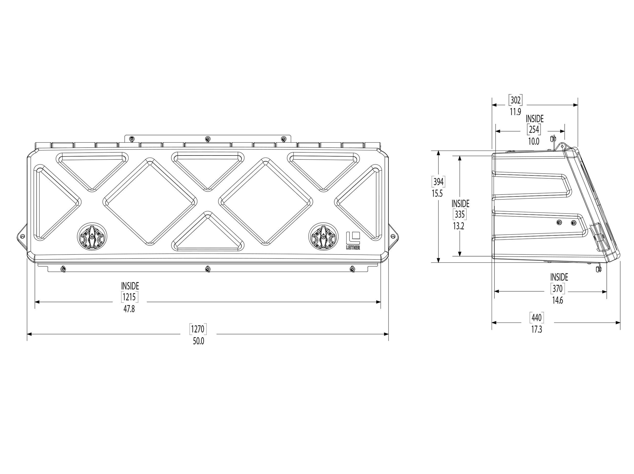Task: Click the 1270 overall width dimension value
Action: click(x=198, y=329)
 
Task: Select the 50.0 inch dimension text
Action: click(x=198, y=341)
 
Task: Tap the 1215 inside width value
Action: click(x=129, y=297)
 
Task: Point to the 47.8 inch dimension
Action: click(x=129, y=309)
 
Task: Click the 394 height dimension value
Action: click(x=438, y=182)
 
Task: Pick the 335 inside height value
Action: click(x=460, y=214)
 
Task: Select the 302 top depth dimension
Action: click(x=515, y=100)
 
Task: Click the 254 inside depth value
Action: click(x=534, y=130)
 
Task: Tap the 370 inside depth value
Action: click(x=557, y=289)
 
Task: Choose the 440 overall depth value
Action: click(x=537, y=318)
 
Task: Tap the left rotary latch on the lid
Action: click(x=92, y=236)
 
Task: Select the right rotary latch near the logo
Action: click(x=323, y=236)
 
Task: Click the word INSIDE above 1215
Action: click(x=130, y=286)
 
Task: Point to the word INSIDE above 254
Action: click(x=535, y=119)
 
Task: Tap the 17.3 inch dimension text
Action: click(x=537, y=330)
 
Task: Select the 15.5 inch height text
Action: click(x=437, y=194)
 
